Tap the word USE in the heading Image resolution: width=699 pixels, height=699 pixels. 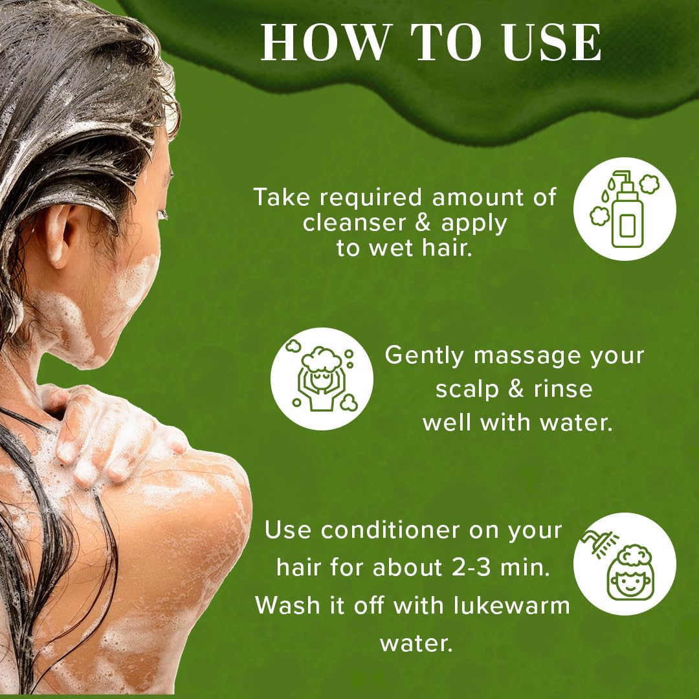pos(552,41)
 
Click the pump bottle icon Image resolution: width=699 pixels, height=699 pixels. pos(625,208)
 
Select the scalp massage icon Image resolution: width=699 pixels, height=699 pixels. pos(322,379)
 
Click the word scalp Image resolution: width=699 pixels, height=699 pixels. pos(467,390)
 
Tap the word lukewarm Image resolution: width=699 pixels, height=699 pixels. pos(512,605)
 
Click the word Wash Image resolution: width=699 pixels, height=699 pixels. pos(289,605)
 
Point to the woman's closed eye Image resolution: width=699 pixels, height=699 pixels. pos(162,214)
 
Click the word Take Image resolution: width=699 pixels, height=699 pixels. pos(282,197)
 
